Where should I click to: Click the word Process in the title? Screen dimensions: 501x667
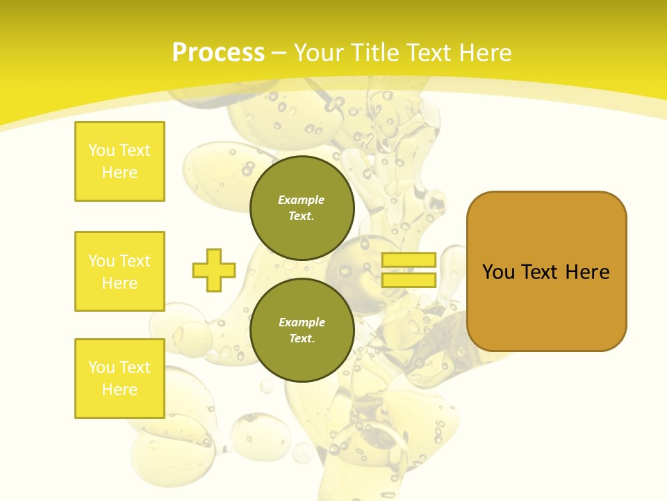pos(218,53)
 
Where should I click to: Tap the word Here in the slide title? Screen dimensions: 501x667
pos(483,53)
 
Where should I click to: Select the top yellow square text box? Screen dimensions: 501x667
pos(120,161)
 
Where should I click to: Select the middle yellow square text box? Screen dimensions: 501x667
pos(120,271)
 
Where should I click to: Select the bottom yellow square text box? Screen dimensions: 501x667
pos(120,379)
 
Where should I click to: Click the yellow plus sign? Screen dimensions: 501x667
pos(214,270)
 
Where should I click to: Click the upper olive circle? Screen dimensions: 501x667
pos(302,208)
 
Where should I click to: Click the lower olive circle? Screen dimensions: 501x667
pos(302,331)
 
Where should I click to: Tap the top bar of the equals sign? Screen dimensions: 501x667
pos(409,260)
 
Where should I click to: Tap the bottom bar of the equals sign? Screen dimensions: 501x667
pos(409,280)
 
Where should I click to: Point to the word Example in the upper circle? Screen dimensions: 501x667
pos(302,200)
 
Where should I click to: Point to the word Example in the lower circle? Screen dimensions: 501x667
pos(302,322)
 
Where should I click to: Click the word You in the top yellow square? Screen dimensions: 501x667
pos(101,150)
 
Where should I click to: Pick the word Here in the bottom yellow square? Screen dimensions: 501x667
pos(120,390)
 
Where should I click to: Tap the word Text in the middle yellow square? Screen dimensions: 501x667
pos(134,261)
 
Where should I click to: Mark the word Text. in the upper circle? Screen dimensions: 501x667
pos(302,216)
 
